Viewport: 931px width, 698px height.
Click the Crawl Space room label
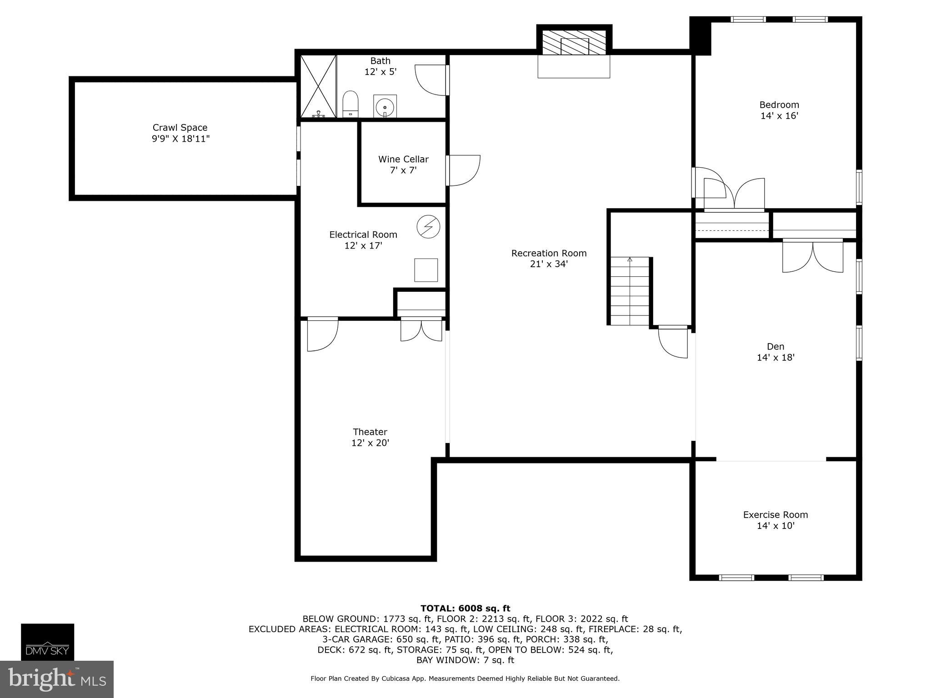[180, 128]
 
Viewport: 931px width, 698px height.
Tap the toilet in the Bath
[350, 104]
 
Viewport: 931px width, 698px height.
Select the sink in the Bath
[385, 106]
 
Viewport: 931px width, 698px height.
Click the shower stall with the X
[318, 86]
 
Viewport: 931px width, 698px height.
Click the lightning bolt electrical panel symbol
[428, 226]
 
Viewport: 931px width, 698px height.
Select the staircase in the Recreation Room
[630, 291]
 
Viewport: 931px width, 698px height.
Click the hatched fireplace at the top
[575, 43]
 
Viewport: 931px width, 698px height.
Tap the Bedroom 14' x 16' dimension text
[779, 116]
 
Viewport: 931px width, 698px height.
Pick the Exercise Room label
[776, 515]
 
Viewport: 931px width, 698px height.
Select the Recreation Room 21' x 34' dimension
[549, 264]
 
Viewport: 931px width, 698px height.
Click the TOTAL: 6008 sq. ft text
[465, 608]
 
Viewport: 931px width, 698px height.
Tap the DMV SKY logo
[47, 642]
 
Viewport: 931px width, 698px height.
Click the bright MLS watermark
[57, 679]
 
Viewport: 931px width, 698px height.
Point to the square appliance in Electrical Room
[426, 270]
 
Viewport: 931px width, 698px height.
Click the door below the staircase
[673, 342]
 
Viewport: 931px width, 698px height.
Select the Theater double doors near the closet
[421, 330]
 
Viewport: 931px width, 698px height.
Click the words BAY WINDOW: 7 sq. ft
[465, 660]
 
